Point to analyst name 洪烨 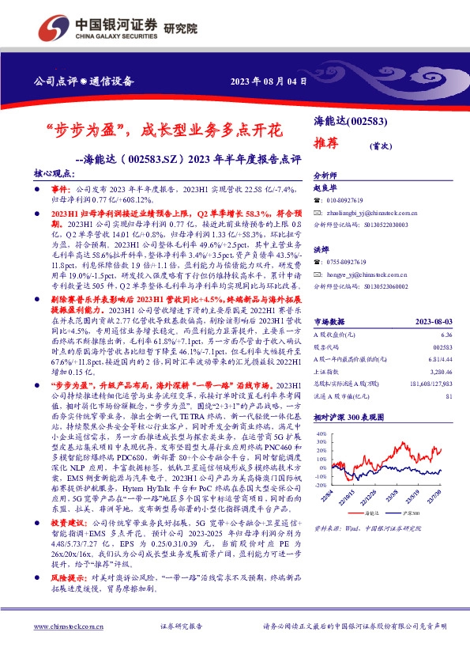tap(321, 249)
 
